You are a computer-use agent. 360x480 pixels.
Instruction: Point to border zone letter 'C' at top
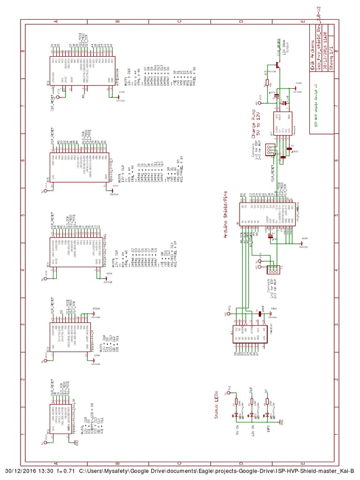point(179,22)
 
